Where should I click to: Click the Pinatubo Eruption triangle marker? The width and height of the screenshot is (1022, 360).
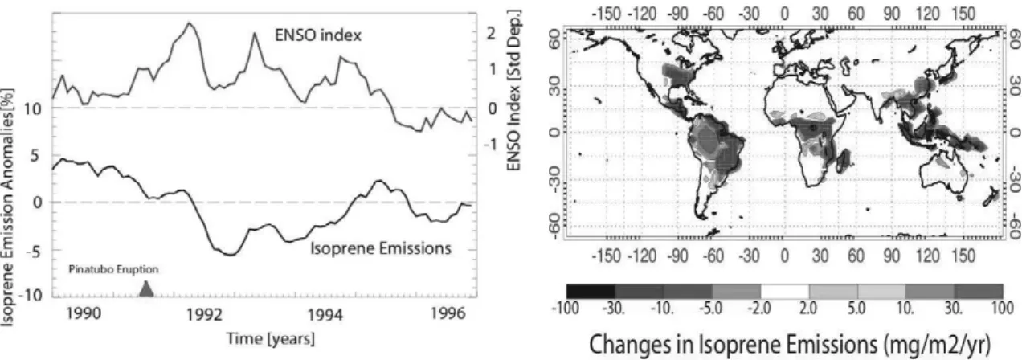pos(146,289)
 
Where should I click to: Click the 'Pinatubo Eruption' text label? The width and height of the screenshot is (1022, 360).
pos(113,270)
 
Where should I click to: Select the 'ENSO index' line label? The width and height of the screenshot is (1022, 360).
pos(318,35)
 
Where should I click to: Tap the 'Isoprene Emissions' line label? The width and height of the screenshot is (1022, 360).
pos(381,248)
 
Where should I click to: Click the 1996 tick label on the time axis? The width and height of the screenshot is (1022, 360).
pos(448,314)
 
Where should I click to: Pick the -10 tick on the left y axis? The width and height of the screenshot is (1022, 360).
pos(30,296)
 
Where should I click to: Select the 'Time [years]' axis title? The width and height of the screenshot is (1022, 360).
pos(271,339)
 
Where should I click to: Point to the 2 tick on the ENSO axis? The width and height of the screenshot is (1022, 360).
pos(492,33)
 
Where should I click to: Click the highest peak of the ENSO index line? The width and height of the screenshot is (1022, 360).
pos(190,22)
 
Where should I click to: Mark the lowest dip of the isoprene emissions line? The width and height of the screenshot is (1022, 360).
pos(231,255)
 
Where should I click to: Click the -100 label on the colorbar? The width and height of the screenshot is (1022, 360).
pos(566,309)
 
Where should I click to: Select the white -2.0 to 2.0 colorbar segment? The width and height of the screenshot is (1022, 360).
pos(785,292)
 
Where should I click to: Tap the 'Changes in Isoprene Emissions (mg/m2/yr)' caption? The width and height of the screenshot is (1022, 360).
pos(790,345)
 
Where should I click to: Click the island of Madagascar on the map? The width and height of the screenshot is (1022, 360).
pos(843,162)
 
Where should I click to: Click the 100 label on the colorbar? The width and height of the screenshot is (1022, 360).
pos(1002,309)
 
